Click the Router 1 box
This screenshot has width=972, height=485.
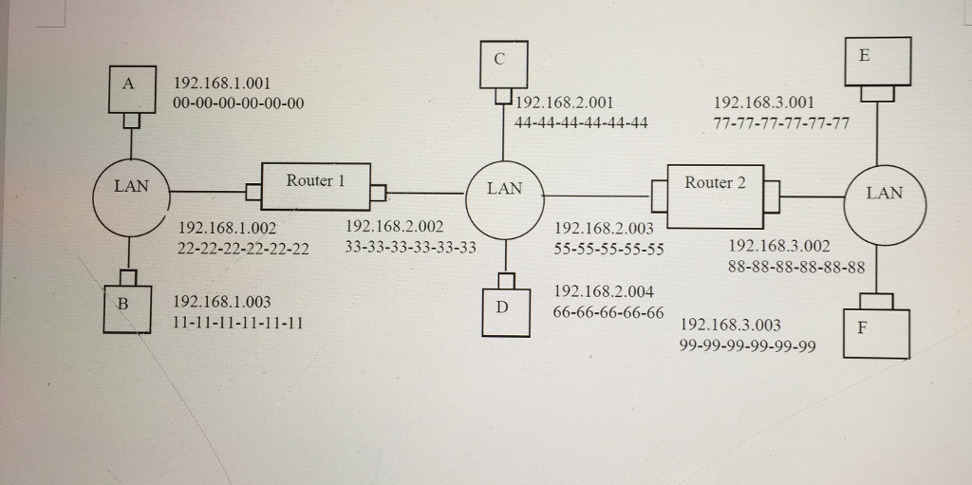point(314,185)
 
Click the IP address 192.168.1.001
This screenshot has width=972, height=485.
point(221,84)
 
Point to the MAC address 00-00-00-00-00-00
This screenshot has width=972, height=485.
point(238,103)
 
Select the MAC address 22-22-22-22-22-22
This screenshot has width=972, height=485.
point(243,249)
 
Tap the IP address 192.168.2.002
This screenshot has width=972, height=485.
point(394,227)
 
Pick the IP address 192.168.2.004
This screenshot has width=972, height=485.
point(603,291)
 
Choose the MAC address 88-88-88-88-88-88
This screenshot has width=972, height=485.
point(795,268)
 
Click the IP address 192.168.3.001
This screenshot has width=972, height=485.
point(762,103)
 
